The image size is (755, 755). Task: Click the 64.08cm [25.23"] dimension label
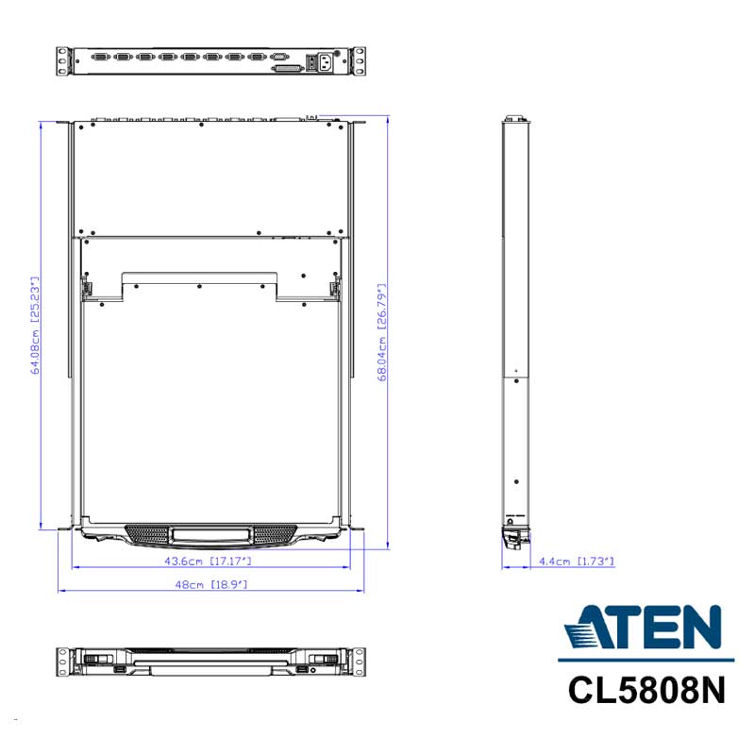click(35, 326)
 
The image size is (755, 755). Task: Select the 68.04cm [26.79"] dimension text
click(382, 332)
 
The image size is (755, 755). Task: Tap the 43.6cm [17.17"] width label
click(208, 561)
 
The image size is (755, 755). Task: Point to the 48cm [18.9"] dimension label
click(210, 584)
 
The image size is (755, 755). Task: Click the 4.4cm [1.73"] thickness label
click(577, 561)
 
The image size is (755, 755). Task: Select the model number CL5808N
click(646, 691)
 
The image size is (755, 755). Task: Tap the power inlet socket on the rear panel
click(326, 61)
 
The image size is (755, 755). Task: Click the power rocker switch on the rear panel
click(312, 62)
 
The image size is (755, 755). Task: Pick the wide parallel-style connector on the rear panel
click(289, 69)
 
